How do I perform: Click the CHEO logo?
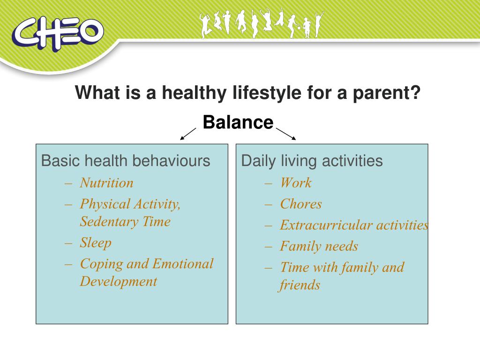[58, 34]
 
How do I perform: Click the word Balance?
[238, 122]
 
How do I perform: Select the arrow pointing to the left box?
[188, 134]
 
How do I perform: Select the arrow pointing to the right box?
[286, 134]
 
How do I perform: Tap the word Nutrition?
[106, 183]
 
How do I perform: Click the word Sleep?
[96, 243]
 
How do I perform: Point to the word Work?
[296, 183]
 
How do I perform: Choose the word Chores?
[301, 204]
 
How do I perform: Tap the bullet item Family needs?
[319, 246]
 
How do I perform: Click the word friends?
[299, 285]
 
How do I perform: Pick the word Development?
[119, 282]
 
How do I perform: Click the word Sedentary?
[109, 222]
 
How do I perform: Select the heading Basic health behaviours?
[126, 161]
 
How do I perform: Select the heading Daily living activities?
[312, 161]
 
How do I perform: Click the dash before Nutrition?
[68, 184]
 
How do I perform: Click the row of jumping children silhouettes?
[262, 24]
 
